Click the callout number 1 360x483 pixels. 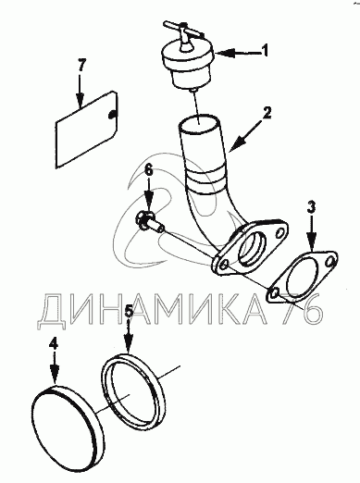[265, 51]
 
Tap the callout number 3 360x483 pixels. [311, 207]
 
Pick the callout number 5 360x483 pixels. [130, 311]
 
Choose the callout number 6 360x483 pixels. [149, 170]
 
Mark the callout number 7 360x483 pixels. [81, 66]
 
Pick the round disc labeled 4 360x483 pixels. [68, 419]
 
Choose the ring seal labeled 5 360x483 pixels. [132, 392]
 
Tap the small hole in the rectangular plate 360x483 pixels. [111, 114]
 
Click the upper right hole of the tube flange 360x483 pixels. [280, 231]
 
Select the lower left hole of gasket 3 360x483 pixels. [274, 292]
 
